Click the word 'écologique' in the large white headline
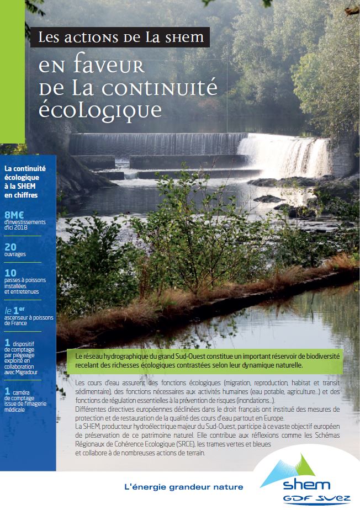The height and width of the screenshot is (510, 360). (x=100, y=109)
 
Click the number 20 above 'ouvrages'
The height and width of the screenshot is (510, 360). (x=10, y=247)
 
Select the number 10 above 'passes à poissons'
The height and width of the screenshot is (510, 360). (x=10, y=273)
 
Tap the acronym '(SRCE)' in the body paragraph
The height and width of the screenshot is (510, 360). (x=172, y=444)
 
